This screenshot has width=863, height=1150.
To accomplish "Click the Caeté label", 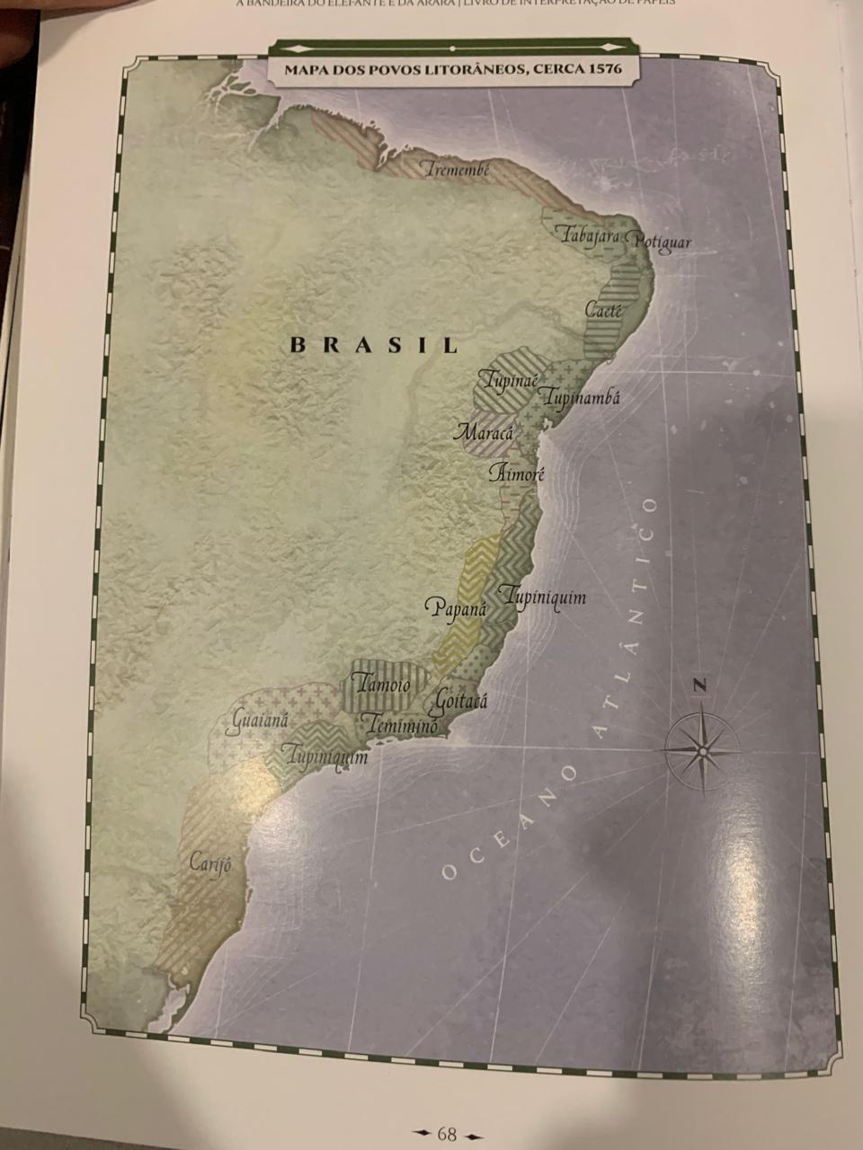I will point(603,310).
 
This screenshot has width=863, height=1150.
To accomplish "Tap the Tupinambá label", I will point(582,397).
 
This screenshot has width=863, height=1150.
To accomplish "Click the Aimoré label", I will point(517,473).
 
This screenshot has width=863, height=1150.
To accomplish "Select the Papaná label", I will point(455,608).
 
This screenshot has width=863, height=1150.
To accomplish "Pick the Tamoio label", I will point(383,686).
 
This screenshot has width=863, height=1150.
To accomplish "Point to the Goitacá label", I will point(460,700).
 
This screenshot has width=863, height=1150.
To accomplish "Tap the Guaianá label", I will point(260,721).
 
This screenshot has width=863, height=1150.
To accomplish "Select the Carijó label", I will point(210,863).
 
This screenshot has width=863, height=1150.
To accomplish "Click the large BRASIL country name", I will point(374,344).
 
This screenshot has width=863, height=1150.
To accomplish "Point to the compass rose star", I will point(701,748).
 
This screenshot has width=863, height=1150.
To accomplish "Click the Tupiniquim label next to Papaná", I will point(544,597).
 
